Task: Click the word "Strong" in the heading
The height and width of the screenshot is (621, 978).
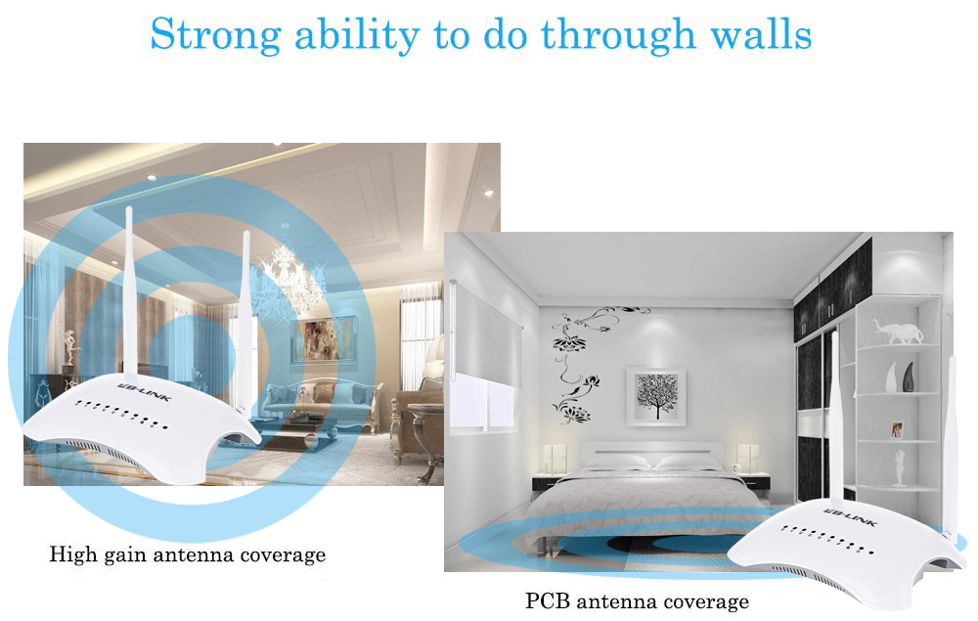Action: point(216,35)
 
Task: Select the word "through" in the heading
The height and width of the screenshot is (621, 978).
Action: point(618,35)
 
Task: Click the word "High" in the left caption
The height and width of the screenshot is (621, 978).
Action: point(73,554)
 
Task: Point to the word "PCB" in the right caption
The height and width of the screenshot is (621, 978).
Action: point(548,601)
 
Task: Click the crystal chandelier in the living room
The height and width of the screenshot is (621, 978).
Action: point(287,275)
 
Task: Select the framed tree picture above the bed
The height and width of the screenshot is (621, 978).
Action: point(656,397)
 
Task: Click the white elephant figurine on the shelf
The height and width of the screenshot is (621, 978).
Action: point(898,332)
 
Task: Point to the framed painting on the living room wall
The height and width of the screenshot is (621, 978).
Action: point(324,339)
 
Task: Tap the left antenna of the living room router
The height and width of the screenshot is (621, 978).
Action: point(130,293)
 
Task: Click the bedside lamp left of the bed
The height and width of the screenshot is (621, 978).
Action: point(554,459)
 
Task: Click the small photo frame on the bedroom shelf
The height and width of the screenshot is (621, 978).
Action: point(897,429)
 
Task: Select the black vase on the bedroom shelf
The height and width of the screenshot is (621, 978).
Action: point(909,377)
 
